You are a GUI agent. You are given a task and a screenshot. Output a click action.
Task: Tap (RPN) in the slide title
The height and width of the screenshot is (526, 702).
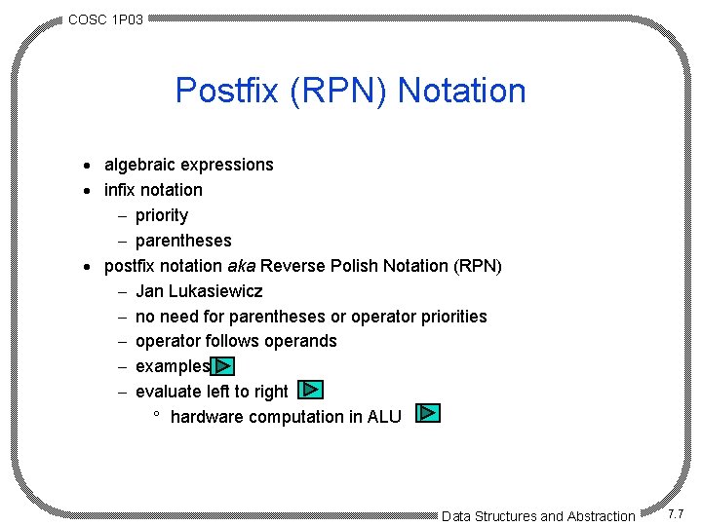pyautogui.click(x=330, y=91)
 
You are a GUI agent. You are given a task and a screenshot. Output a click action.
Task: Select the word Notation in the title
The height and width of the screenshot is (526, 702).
pyautogui.click(x=462, y=91)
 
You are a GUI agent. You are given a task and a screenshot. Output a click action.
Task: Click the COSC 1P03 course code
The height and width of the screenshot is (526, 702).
pyautogui.click(x=105, y=19)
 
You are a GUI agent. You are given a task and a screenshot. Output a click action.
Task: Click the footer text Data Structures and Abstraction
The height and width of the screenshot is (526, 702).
pyautogui.click(x=537, y=516)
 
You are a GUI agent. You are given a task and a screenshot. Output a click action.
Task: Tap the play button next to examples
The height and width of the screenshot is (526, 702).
pyautogui.click(x=223, y=366)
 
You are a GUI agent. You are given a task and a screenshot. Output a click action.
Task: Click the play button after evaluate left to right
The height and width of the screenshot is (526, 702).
pyautogui.click(x=310, y=390)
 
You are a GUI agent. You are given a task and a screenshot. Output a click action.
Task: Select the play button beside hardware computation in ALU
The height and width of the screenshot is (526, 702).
pyautogui.click(x=428, y=413)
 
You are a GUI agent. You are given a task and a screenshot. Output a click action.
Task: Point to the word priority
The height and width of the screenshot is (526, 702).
pyautogui.click(x=162, y=215)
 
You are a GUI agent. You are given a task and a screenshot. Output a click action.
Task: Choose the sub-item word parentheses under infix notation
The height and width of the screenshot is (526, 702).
pyautogui.click(x=183, y=241)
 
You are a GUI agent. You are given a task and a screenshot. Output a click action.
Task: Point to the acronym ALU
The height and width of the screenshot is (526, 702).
pyautogui.click(x=384, y=417)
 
